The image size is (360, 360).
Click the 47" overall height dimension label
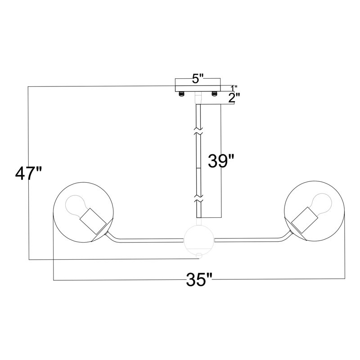click(x=29, y=174)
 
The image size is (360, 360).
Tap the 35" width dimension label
click(x=199, y=280)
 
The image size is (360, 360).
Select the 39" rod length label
click(x=221, y=161)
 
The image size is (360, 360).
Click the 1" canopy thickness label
click(x=234, y=88)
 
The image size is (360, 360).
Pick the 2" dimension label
click(x=234, y=98)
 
